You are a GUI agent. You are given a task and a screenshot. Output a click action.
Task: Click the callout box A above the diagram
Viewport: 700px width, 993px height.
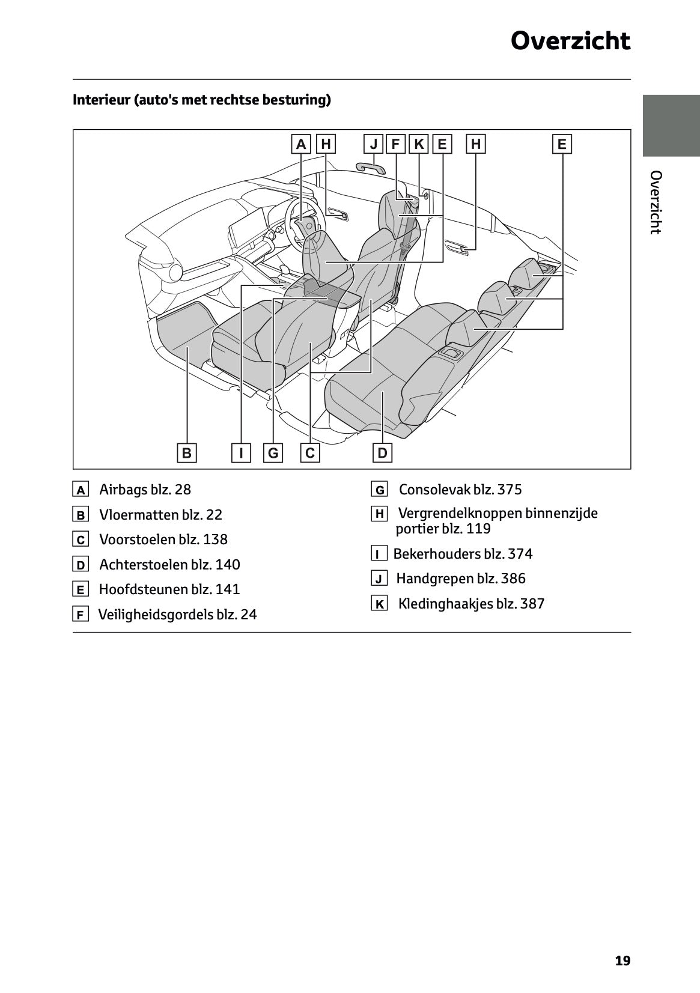301,144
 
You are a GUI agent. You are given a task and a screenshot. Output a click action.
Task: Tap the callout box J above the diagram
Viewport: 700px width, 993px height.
373,144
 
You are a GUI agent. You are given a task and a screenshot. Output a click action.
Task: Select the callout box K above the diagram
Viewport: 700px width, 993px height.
418,144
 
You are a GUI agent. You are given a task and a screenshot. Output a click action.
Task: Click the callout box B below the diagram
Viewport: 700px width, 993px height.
187,452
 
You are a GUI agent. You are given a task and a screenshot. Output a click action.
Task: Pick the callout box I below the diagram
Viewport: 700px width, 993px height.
241,452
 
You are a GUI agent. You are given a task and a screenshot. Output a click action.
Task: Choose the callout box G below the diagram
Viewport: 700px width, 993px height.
273,452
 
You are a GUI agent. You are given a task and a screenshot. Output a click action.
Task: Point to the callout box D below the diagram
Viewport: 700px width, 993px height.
382,452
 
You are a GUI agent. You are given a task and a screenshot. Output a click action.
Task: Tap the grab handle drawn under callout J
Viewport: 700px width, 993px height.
371,168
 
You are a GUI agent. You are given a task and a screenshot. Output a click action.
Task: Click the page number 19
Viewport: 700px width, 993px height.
622,961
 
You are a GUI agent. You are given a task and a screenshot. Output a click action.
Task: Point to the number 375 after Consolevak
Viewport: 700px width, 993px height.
510,490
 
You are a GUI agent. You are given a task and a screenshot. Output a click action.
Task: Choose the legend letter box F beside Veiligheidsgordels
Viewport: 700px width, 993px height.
81,615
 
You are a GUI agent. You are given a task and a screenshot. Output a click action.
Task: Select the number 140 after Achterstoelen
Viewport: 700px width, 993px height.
228,564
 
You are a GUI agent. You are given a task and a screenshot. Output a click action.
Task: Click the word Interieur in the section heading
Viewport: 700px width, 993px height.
102,100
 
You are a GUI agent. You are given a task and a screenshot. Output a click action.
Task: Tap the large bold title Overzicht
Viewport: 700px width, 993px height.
571,41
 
